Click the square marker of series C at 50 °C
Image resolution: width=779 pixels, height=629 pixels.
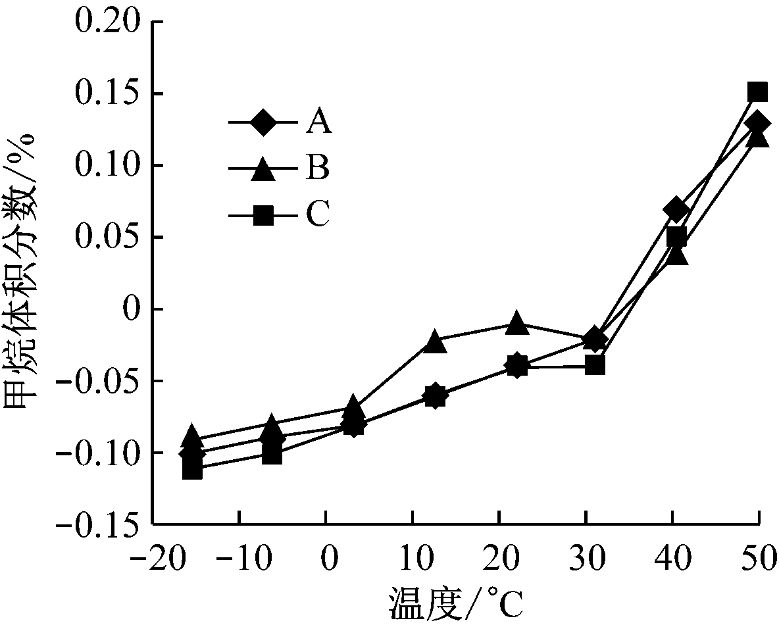click(758, 92)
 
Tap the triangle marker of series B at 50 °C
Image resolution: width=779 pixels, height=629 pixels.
click(758, 138)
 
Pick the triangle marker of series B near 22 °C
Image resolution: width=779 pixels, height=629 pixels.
click(516, 323)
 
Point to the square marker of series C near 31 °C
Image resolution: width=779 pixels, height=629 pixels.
click(595, 365)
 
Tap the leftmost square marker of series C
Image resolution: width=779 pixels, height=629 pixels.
click(192, 470)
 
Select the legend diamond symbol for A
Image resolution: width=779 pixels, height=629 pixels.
click(263, 122)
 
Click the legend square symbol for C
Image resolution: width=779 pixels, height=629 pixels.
click(263, 215)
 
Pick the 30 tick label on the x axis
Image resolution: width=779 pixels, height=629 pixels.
click(585, 561)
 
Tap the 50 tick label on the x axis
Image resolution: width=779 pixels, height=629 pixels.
click(758, 561)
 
